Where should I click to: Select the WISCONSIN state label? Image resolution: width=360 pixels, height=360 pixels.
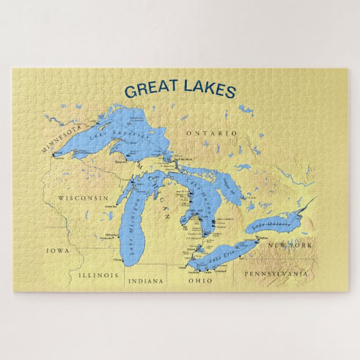(83, 198)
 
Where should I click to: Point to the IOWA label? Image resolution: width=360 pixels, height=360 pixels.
(58, 251)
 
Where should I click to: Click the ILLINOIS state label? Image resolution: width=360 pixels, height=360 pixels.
(98, 276)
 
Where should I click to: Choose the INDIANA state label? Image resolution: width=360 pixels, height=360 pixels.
(146, 281)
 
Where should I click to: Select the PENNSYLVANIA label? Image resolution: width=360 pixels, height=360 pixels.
(276, 274)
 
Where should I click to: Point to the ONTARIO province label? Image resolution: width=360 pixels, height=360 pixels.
(212, 133)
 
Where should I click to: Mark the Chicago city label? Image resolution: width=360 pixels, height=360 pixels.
(117, 260)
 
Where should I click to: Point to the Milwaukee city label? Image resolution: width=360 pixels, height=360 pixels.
(112, 235)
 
